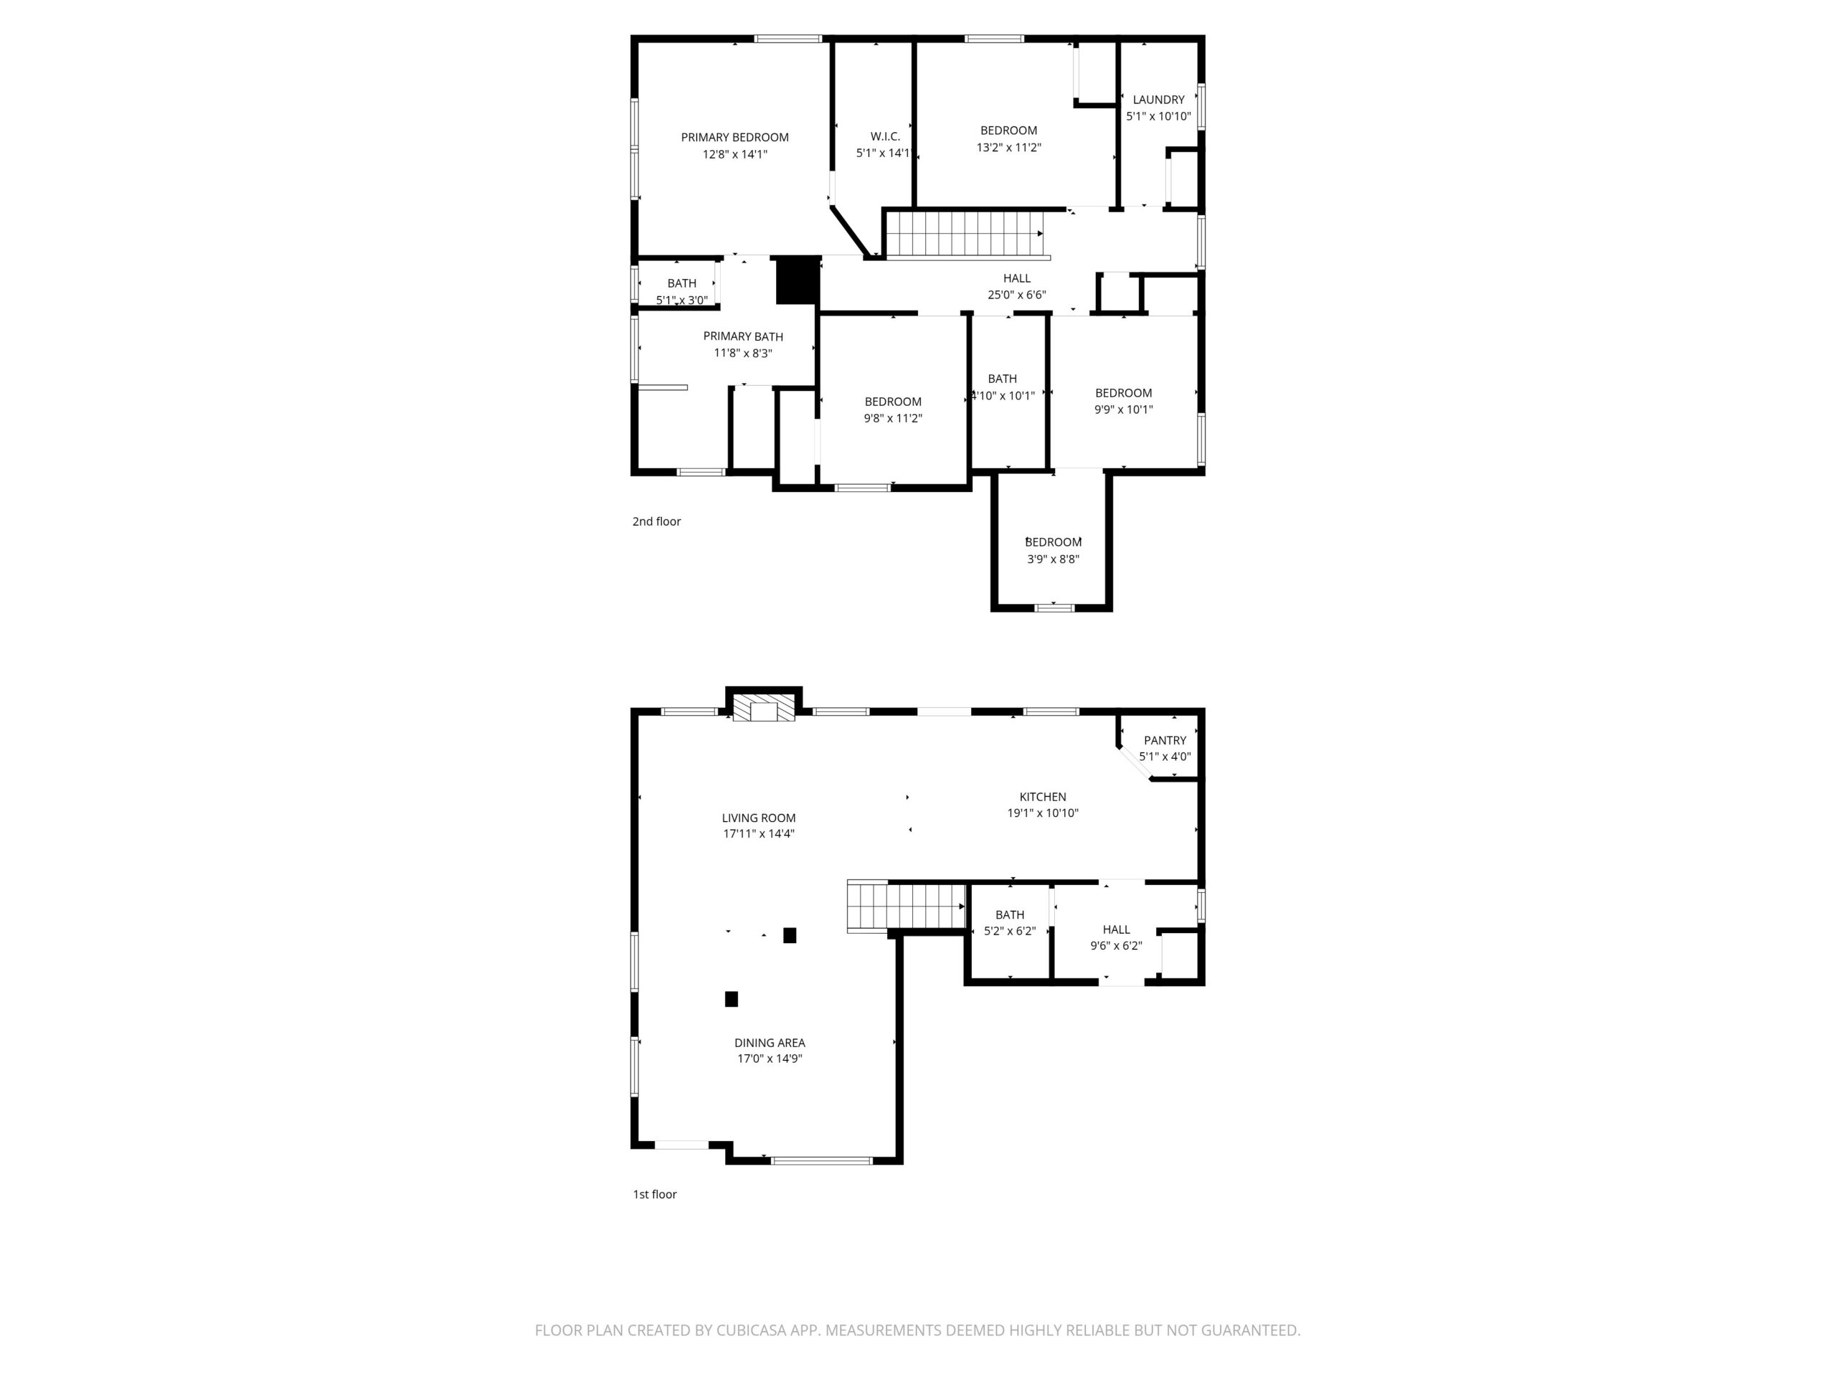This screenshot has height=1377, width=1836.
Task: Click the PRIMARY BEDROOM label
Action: (734, 138)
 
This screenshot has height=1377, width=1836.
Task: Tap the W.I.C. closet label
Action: (885, 137)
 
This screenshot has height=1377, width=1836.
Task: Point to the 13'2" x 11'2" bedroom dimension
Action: (1008, 148)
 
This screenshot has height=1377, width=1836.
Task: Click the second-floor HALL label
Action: (1016, 279)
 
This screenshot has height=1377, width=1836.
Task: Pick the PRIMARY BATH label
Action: (743, 337)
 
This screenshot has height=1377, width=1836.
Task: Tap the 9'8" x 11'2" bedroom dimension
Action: (892, 419)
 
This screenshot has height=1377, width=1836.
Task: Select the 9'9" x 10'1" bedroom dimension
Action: (1123, 410)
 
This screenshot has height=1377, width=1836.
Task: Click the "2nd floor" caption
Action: (656, 522)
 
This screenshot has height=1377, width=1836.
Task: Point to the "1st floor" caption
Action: (654, 1194)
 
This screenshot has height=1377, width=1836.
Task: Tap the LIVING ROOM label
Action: (758, 818)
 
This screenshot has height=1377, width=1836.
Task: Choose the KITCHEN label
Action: (1043, 797)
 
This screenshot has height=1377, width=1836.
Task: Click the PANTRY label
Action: (1165, 740)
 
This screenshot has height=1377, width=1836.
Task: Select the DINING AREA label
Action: (770, 1044)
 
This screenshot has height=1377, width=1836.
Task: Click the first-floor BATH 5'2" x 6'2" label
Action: (1009, 924)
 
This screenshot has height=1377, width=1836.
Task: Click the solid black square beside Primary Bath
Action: (798, 281)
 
